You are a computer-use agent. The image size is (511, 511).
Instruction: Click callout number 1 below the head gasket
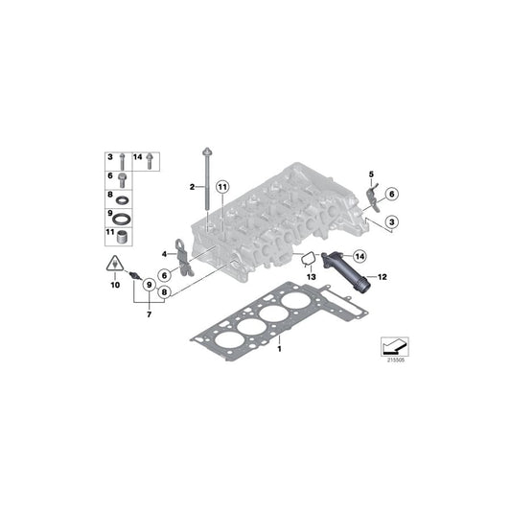click(279, 351)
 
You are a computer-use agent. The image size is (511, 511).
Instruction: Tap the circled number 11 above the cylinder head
click(221, 186)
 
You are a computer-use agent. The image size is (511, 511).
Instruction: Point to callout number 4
click(165, 253)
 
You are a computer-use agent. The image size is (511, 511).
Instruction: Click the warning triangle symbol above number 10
click(114, 265)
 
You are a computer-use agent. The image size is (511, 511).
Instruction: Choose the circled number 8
click(165, 291)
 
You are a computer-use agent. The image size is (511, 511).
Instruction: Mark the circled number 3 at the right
click(392, 223)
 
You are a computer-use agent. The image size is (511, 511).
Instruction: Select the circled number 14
click(359, 256)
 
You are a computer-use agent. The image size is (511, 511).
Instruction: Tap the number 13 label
click(310, 276)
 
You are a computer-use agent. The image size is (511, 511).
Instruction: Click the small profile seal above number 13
click(308, 258)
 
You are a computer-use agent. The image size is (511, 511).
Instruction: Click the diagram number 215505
click(394, 361)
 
